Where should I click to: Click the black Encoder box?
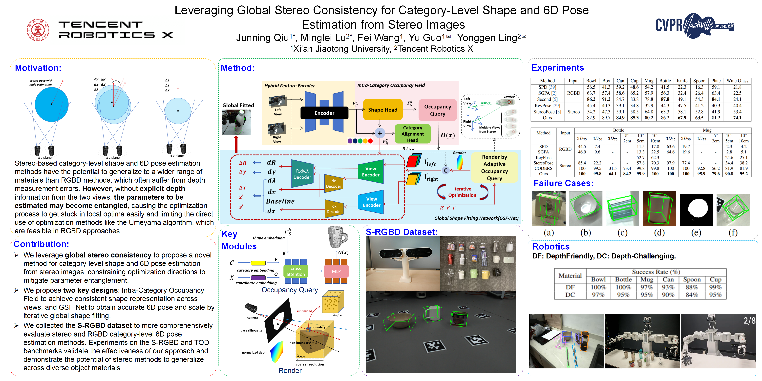324,113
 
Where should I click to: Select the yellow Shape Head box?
382,110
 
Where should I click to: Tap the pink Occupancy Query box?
438,110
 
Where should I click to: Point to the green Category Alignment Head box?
412,134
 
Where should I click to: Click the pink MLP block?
336,271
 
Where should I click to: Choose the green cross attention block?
296,271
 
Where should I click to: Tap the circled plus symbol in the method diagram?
380,133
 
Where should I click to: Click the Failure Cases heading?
563,183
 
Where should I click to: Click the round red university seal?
38,30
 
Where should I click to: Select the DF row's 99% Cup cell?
715,287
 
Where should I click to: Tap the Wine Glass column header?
737,81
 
